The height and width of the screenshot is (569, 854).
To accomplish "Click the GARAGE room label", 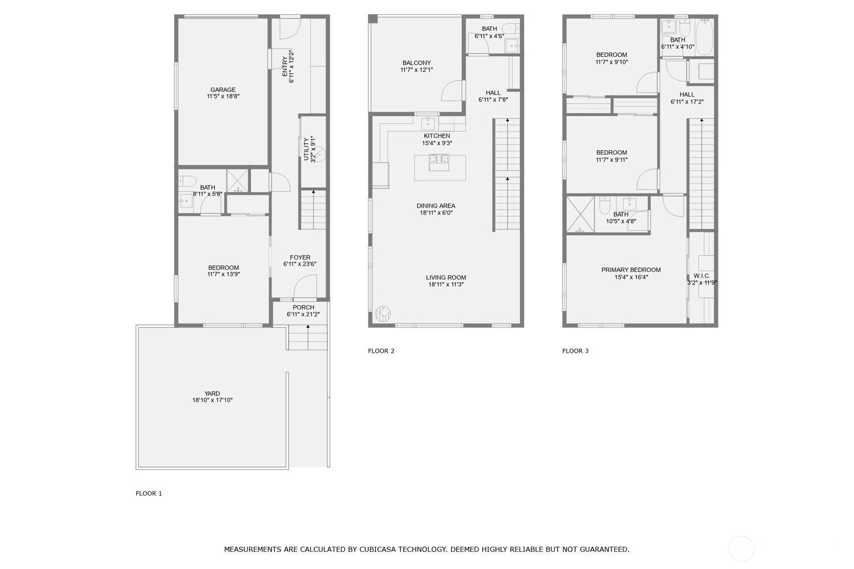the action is (223, 90).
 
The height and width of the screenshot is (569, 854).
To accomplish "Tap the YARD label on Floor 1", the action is (212, 394).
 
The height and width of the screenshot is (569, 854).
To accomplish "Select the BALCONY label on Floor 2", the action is (417, 63).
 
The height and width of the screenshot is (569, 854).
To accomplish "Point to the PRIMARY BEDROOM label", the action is (631, 270).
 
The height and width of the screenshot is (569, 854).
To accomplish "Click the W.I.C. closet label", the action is (702, 276).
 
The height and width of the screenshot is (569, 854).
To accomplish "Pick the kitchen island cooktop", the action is (439, 159).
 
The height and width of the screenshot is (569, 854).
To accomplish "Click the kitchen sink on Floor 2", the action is (428, 123).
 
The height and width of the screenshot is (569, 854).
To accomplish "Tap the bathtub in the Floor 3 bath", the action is (704, 38).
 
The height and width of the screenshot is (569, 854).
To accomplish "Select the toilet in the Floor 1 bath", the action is (187, 181).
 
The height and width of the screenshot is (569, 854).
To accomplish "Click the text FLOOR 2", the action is (381, 351).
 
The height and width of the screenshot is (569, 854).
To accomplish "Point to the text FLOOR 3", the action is (575, 351).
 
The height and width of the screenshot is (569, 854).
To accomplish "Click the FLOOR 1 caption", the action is (149, 493).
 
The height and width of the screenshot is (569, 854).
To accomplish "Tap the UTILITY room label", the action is (306, 150).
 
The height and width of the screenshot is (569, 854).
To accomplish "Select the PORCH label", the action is (303, 308).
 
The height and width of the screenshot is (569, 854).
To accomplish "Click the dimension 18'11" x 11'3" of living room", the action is (446, 284).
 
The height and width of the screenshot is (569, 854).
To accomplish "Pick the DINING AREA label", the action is (436, 206).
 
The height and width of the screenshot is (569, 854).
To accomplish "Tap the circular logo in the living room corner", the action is (383, 314).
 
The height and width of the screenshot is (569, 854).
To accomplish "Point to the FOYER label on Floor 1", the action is (300, 258).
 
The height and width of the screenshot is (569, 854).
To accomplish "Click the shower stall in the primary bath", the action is (580, 214).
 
